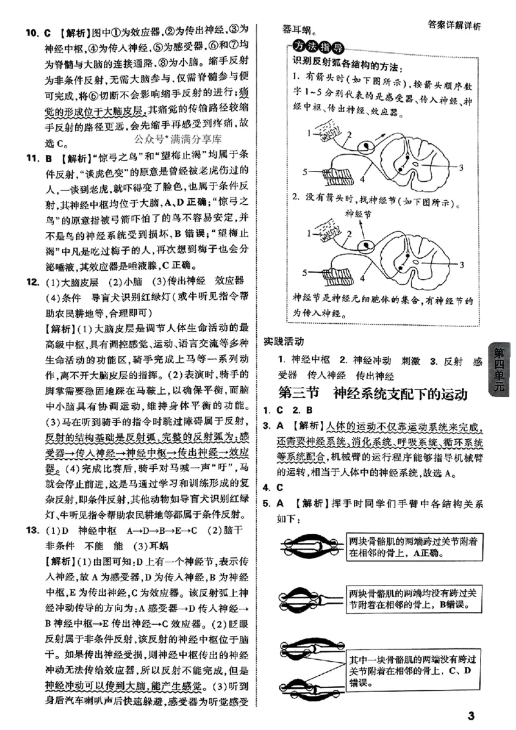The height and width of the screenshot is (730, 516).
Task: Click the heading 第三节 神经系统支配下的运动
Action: click(372, 393)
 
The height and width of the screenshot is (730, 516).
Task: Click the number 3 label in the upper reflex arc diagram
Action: click(461, 167)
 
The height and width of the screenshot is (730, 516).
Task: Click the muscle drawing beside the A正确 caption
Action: click(310, 547)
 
